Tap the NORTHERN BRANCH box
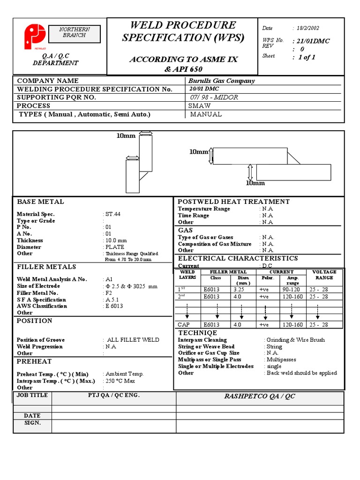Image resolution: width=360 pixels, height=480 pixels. pos(75,32)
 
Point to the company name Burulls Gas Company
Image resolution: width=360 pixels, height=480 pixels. pos(221,81)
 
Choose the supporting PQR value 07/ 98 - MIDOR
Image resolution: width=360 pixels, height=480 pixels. pos(214,97)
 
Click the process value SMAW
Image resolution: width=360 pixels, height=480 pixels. pos(199,105)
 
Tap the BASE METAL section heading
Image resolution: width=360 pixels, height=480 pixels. pos(40,202)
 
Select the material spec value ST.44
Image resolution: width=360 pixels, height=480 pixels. pos(113,214)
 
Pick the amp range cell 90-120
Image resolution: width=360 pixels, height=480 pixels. pos(292,290)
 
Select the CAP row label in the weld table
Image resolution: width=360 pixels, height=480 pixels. pos(184,324)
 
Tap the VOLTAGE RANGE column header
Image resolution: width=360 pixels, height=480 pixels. pos(324,275)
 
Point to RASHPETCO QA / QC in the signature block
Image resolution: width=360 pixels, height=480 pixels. pos(259,396)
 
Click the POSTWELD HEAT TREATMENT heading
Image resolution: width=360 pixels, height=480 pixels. pos(233,202)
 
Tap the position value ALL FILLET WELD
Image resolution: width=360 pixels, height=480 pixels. pos(133,340)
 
